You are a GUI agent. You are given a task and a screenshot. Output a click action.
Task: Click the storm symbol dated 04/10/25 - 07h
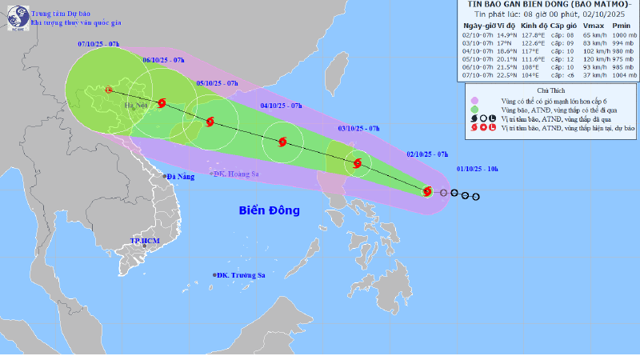pyautogui.click(x=282, y=143)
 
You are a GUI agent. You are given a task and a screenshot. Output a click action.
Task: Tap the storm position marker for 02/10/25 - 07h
pyautogui.click(x=427, y=191)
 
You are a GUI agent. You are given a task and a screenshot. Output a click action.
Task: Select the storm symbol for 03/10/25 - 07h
pyautogui.click(x=357, y=164)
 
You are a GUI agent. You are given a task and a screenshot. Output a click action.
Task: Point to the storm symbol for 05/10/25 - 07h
pyautogui.click(x=210, y=122)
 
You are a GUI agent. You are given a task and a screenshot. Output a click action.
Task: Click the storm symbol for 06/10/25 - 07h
pyautogui.click(x=162, y=102)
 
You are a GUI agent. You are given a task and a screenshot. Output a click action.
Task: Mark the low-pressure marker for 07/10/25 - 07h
pyautogui.click(x=109, y=90)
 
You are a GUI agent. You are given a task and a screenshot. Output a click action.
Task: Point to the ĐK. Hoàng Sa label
pyautogui.click(x=240, y=174)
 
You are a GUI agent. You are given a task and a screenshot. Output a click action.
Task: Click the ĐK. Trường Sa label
pyautogui.click(x=242, y=275)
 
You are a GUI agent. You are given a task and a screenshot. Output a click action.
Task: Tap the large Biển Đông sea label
pyautogui.click(x=269, y=210)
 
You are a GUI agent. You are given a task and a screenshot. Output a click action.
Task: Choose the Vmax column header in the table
pyautogui.click(x=570, y=26)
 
